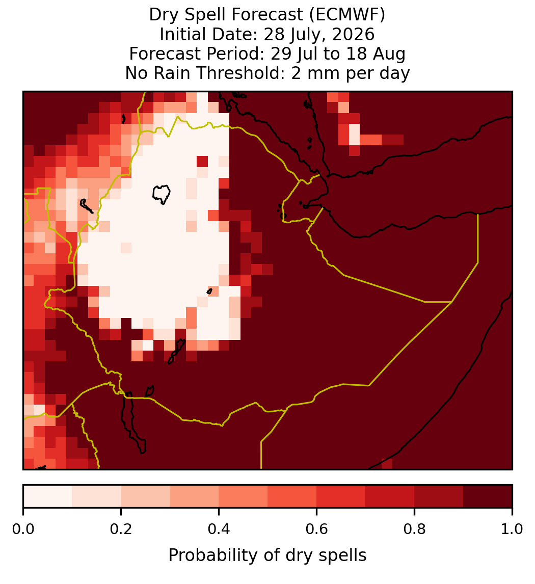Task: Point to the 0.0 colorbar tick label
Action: [23, 529]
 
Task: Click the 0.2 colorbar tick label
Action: [121, 529]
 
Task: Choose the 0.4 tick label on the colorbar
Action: [219, 529]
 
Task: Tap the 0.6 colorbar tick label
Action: [317, 529]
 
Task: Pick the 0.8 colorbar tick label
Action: [414, 529]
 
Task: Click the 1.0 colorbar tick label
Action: [512, 529]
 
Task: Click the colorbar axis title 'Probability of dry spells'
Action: [267, 555]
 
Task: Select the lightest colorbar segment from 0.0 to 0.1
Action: [48, 496]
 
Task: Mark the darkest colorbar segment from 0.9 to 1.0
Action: [488, 496]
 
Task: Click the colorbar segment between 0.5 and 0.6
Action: [292, 496]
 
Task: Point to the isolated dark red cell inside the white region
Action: [202, 162]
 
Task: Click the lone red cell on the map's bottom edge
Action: [387, 464]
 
